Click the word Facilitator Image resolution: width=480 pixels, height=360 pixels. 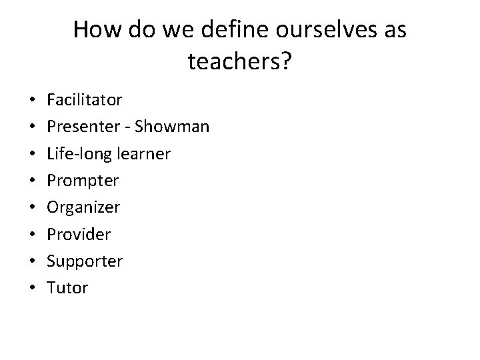(85, 100)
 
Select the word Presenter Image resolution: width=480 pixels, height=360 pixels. (81, 127)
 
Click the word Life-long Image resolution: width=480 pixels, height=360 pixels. (73, 154)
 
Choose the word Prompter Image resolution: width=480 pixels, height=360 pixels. (83, 181)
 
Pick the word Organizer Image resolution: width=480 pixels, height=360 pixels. (83, 207)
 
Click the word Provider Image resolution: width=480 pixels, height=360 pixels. (79, 235)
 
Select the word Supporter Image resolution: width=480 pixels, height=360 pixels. (85, 261)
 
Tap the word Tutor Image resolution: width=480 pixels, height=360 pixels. (67, 288)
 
